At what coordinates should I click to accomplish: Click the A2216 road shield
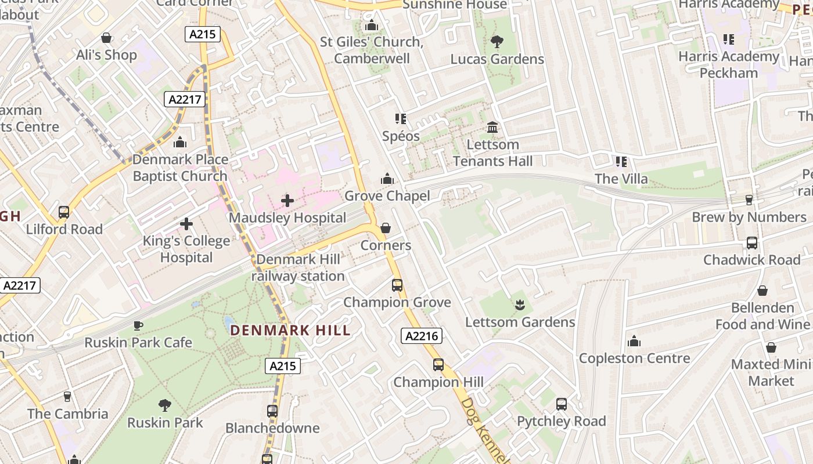pos(422,336)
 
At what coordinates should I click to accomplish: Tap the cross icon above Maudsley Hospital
pos(287,201)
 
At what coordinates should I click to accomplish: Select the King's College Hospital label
pos(186,249)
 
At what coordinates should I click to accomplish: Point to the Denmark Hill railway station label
pos(298,268)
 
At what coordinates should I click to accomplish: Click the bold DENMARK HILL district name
pos(290,331)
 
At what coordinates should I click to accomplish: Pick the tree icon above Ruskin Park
pos(165,405)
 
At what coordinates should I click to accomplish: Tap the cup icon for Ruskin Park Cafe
pos(138,325)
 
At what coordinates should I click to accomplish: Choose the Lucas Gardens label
pos(497,59)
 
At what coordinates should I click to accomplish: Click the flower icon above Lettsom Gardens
pos(520,304)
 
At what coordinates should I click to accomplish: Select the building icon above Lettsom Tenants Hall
pos(492,127)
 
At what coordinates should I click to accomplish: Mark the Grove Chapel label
pos(387,196)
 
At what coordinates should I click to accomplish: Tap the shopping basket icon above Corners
pos(385,228)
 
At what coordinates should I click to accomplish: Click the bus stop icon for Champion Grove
pos(397,285)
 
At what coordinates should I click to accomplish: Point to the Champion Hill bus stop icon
pos(438,365)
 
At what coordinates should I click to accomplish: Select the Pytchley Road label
pos(561,421)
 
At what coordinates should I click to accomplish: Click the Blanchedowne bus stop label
pos(272,428)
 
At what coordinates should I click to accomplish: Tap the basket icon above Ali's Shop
pos(106,38)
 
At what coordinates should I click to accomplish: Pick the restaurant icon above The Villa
pos(621,161)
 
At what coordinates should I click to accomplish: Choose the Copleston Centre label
pos(634,358)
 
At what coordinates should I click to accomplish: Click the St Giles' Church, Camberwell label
pos(372,50)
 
